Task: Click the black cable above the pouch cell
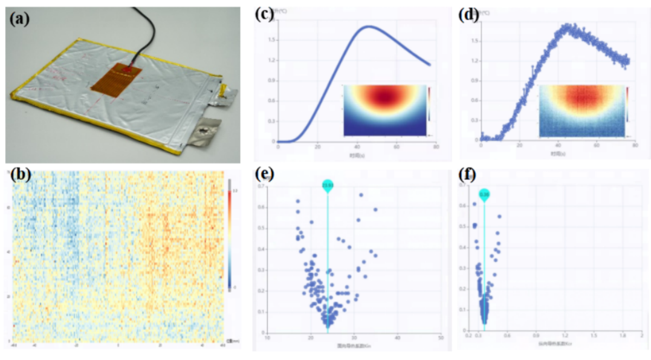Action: [142, 33]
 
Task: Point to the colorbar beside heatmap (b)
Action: [229, 233]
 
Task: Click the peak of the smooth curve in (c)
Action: [369, 26]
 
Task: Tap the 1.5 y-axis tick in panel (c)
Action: [272, 40]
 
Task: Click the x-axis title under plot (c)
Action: [355, 155]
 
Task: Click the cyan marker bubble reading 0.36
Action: [484, 194]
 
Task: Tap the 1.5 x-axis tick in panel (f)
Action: [593, 337]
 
